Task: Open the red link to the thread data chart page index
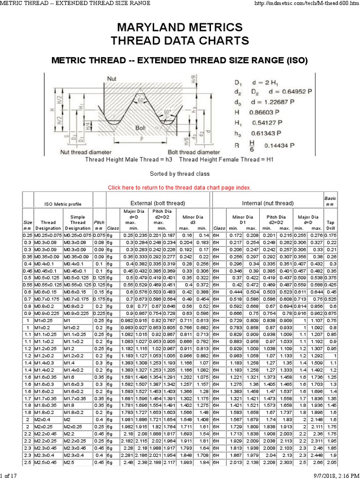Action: [x=180, y=187]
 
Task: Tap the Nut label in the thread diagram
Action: [x=112, y=79]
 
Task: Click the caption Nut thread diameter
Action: [x=86, y=152]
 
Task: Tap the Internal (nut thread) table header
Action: [x=268, y=203]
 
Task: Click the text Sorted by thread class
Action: [x=180, y=173]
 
